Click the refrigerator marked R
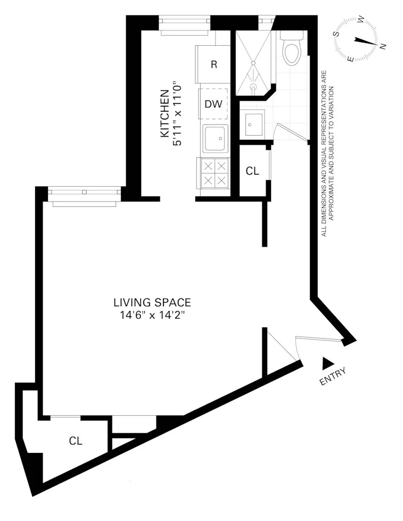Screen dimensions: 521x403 [x=213, y=64]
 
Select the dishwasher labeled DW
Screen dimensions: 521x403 [x=213, y=104]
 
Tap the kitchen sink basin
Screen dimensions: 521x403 [x=215, y=138]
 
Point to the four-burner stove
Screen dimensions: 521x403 [x=214, y=173]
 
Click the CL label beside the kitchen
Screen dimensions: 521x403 [x=252, y=171]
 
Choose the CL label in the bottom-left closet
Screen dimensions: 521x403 [x=76, y=441]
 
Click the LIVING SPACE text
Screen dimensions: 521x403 [x=152, y=302]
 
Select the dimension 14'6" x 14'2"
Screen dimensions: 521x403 [x=152, y=315]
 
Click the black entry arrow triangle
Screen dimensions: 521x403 [x=326, y=363]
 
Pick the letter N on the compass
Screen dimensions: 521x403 [x=383, y=47]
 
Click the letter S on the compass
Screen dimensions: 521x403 [x=336, y=33]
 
